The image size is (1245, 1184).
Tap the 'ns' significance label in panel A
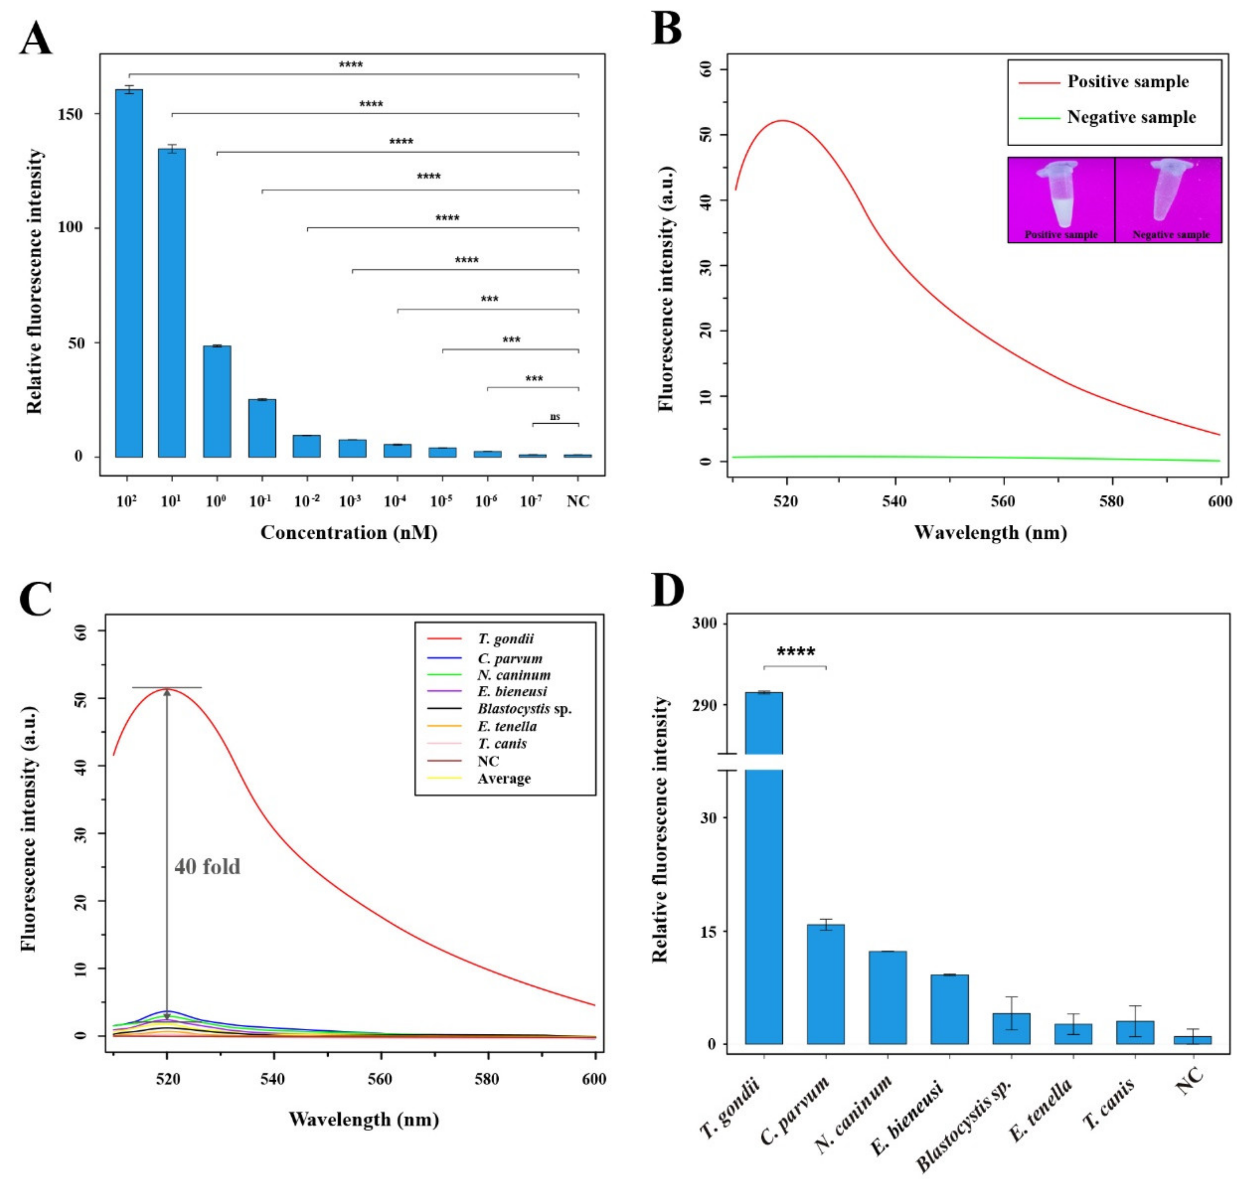(555, 416)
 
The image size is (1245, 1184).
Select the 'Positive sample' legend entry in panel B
(1127, 82)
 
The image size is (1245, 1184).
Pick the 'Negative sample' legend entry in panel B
(1131, 118)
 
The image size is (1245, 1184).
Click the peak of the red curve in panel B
(782, 120)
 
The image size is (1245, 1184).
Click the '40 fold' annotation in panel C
(207, 867)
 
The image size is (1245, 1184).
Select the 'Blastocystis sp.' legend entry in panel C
(524, 709)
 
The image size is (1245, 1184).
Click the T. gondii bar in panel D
(764, 884)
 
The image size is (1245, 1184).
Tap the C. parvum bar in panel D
(825, 985)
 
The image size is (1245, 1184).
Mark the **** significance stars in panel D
(795, 652)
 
